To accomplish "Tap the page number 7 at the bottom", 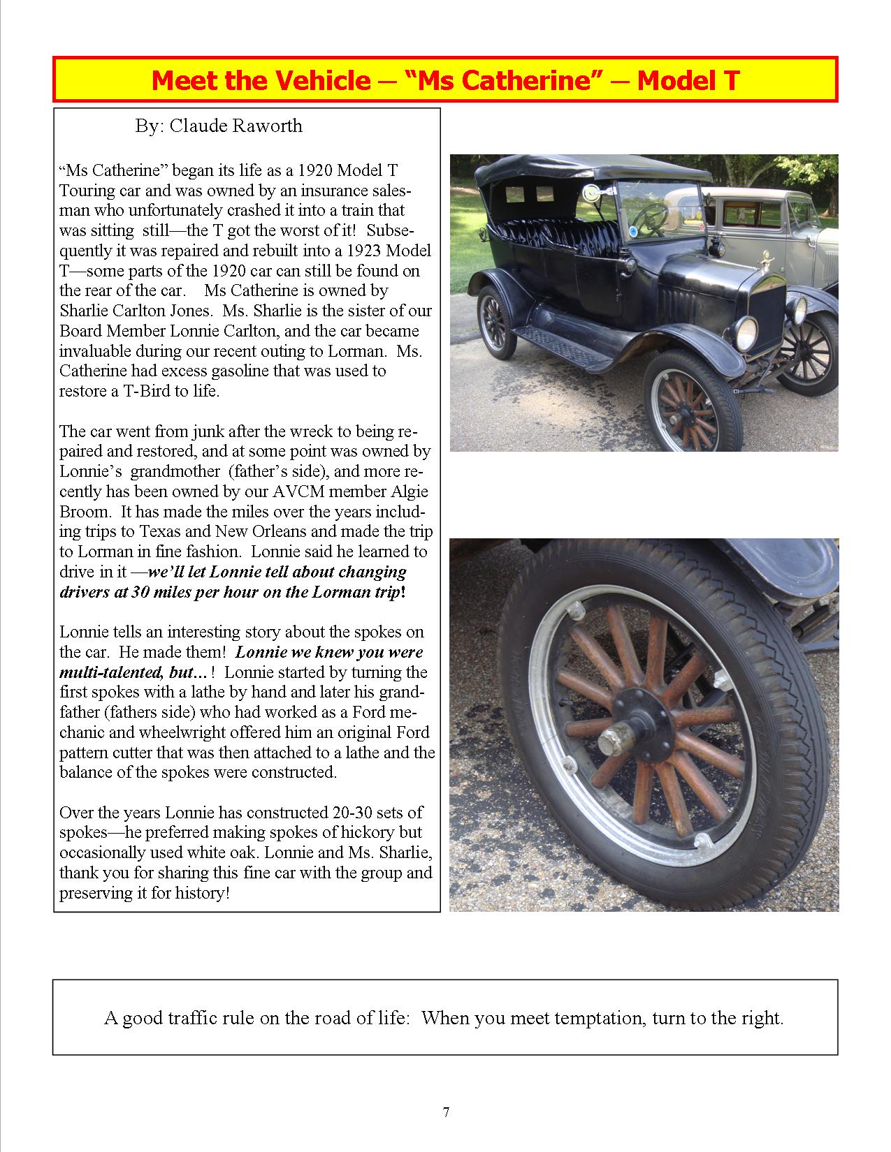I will pyautogui.click(x=446, y=1112).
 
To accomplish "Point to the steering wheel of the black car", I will pyautogui.click(x=651, y=216).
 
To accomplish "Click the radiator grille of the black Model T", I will pyautogui.click(x=767, y=318).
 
